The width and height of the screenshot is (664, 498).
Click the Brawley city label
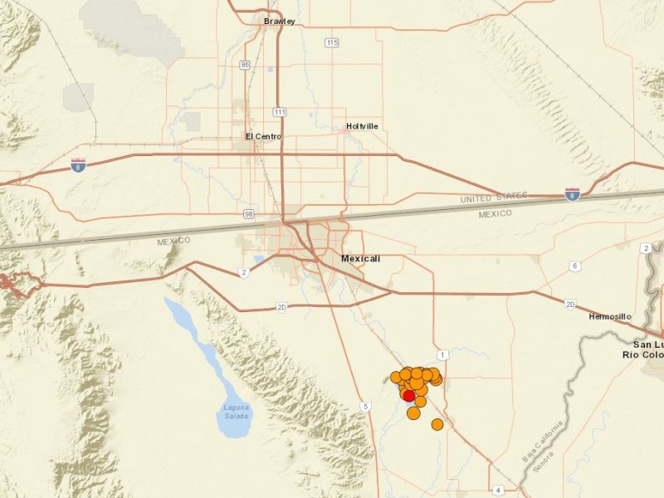pyautogui.click(x=279, y=21)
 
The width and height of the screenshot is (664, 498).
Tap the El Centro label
pyautogui.click(x=263, y=136)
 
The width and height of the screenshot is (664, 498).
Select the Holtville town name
pyautogui.click(x=362, y=126)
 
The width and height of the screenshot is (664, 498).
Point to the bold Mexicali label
pyautogui.click(x=361, y=259)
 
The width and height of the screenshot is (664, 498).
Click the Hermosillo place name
pyautogui.click(x=610, y=317)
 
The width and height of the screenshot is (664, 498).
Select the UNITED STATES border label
pyautogui.click(x=495, y=198)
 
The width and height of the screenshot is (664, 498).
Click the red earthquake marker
pyautogui.click(x=409, y=395)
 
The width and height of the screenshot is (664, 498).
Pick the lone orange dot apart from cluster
pyautogui.click(x=437, y=425)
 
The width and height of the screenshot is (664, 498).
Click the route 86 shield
pyautogui.click(x=244, y=64)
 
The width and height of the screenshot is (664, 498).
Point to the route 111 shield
pyautogui.click(x=280, y=111)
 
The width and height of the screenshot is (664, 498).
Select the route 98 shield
pyautogui.click(x=248, y=214)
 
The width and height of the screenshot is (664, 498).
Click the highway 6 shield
pyautogui.click(x=574, y=266)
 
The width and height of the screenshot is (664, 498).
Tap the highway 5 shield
pyautogui.click(x=364, y=406)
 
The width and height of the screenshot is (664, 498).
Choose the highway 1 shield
pyautogui.click(x=443, y=355)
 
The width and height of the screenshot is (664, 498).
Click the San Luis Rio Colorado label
pyautogui.click(x=647, y=349)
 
